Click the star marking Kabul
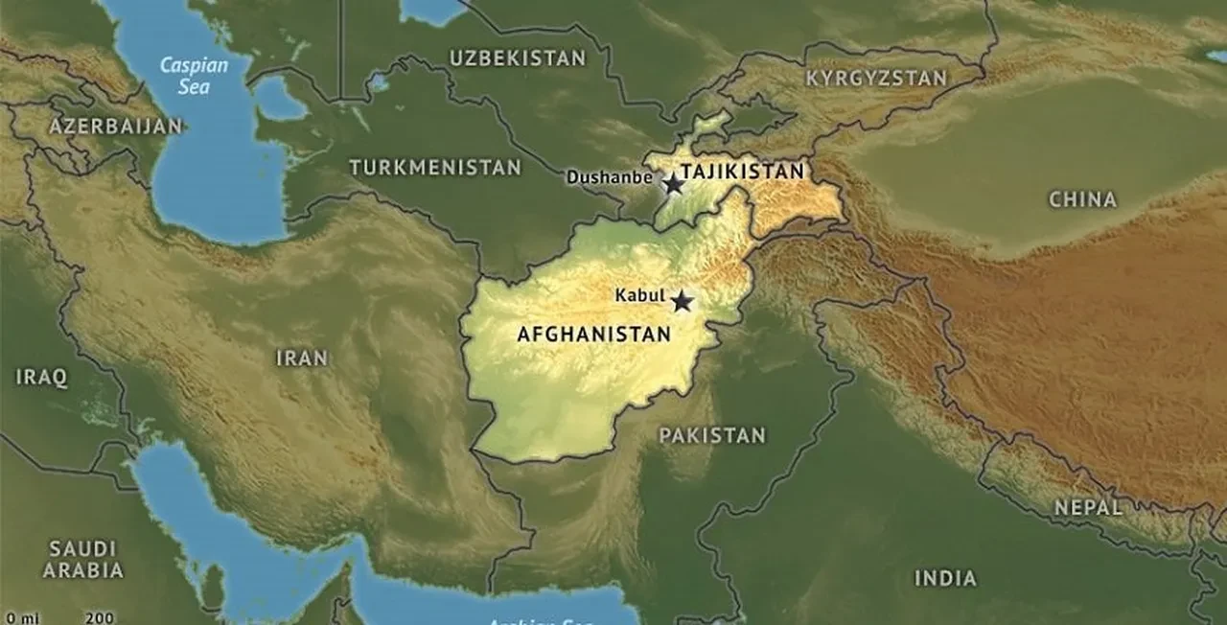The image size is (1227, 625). pyautogui.click(x=682, y=302)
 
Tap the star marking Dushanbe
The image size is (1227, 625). pyautogui.click(x=674, y=183)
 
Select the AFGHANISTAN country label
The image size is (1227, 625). pyautogui.click(x=593, y=335)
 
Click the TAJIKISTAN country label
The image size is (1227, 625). pyautogui.click(x=744, y=172)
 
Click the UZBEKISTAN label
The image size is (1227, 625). pyautogui.click(x=518, y=58)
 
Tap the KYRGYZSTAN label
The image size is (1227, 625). pyautogui.click(x=876, y=79)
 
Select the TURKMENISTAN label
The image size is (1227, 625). pyautogui.click(x=435, y=168)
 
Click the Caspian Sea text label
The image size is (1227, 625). pyautogui.click(x=193, y=76)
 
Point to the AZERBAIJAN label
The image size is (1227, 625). pyautogui.click(x=116, y=127)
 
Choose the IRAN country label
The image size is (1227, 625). pyautogui.click(x=302, y=359)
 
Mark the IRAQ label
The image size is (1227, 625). pyautogui.click(x=42, y=378)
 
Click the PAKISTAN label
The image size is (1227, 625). pyautogui.click(x=712, y=436)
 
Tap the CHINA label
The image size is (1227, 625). pyautogui.click(x=1082, y=200)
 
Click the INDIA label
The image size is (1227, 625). pyautogui.click(x=945, y=578)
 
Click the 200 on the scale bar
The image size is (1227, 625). pyautogui.click(x=99, y=618)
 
